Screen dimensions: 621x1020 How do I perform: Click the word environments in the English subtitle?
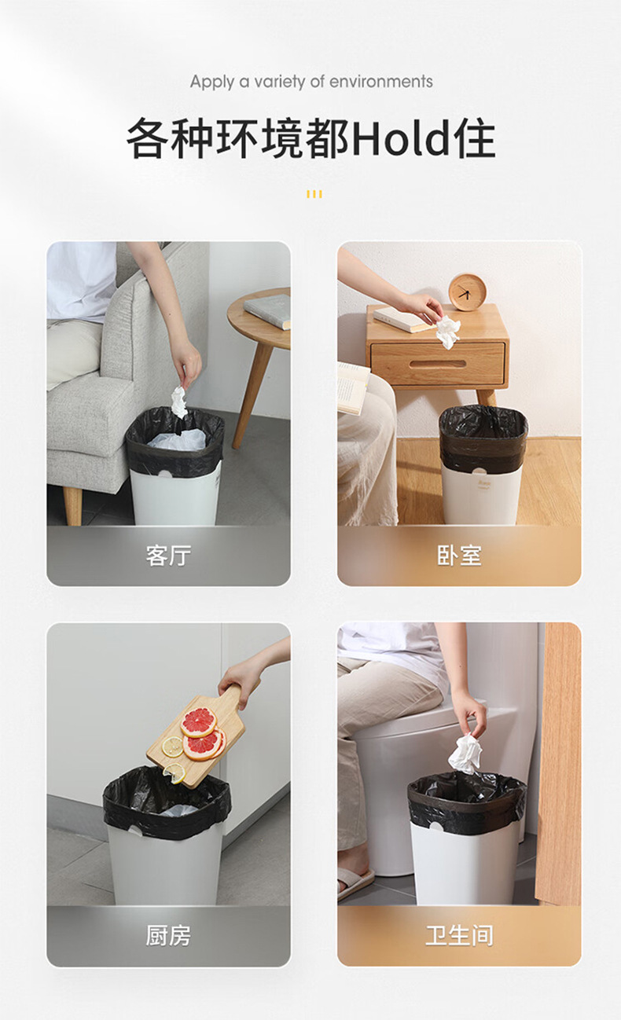[x=381, y=82]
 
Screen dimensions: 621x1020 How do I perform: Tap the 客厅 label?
[x=168, y=556]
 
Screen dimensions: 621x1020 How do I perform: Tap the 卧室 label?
[x=459, y=556]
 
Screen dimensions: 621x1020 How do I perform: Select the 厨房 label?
[x=168, y=936]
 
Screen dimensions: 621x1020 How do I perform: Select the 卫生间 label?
[x=459, y=936]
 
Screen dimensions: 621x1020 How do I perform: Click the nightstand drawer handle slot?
[x=437, y=365]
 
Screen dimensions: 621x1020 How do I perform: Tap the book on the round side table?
[x=268, y=311]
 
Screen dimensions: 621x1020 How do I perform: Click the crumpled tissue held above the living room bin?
[x=179, y=402]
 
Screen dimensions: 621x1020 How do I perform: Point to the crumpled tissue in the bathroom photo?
[x=465, y=754]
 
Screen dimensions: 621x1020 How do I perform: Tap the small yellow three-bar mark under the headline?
[x=314, y=194]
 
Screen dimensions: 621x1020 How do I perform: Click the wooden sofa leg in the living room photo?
[x=72, y=505]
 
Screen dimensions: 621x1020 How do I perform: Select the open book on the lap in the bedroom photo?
[x=353, y=388]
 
